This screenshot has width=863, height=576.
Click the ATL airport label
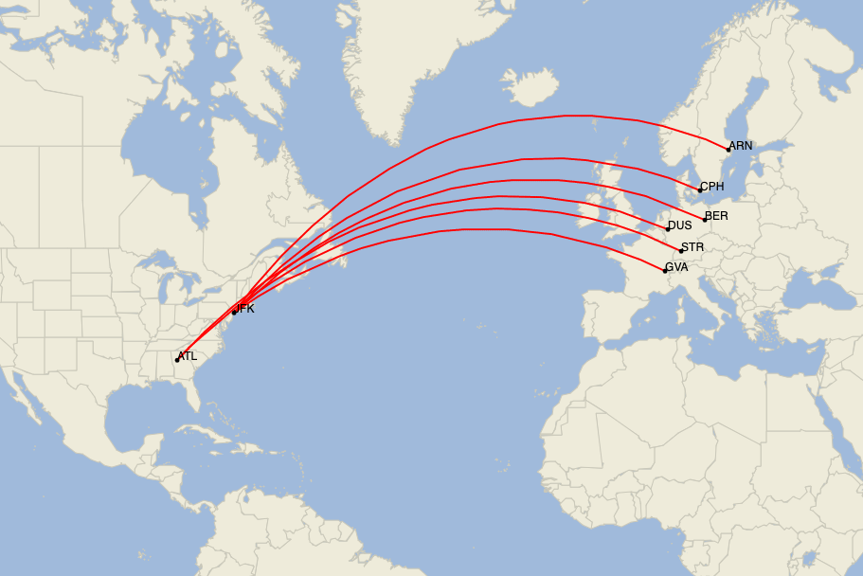tap(188, 356)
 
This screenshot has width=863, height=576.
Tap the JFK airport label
tap(245, 309)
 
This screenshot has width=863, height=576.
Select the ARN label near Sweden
tap(741, 146)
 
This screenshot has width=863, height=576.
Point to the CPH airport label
tap(712, 187)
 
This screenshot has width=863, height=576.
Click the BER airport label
tap(717, 216)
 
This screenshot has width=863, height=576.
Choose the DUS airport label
tap(680, 225)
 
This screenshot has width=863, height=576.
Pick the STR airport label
tap(692, 247)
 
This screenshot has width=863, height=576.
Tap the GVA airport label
tap(676, 267)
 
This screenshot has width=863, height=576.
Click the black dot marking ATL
tap(177, 360)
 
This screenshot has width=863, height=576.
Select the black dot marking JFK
tap(234, 312)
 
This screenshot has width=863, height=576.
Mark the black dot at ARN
tap(728, 149)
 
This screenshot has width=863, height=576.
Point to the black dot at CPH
tap(700, 190)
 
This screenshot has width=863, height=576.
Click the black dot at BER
tap(705, 220)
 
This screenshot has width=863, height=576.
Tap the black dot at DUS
tap(667, 229)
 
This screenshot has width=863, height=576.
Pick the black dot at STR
tap(680, 251)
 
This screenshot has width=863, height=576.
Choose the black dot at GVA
tap(665, 271)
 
